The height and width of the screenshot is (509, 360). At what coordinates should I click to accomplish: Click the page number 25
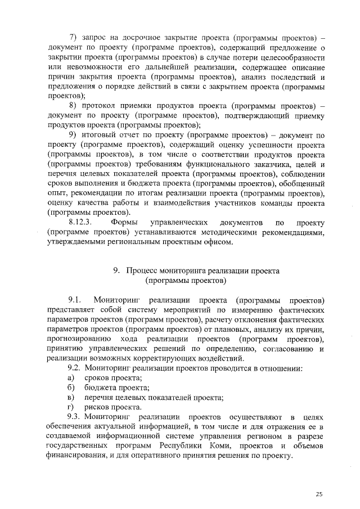tap(319, 494)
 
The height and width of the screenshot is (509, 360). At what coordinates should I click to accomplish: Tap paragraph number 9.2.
tap(76, 368)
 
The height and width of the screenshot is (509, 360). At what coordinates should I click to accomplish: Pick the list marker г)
tap(71, 407)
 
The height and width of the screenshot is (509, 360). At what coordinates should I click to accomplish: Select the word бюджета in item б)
tap(100, 388)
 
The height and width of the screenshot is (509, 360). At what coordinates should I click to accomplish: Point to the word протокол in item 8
tap(98, 106)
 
